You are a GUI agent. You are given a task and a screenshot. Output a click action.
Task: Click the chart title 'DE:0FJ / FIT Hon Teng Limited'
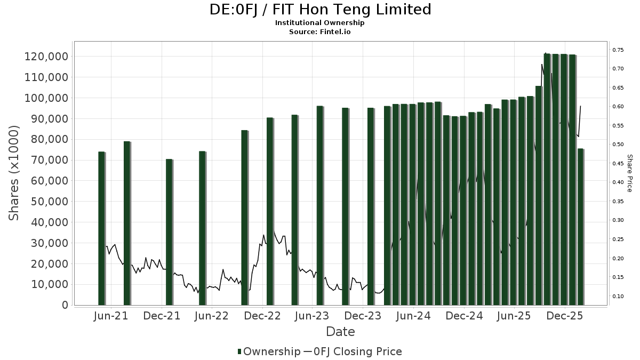coord(319,10)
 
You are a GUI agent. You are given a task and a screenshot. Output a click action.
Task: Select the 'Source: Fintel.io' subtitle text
coord(319,32)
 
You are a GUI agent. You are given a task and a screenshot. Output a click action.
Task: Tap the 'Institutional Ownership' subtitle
coord(319,23)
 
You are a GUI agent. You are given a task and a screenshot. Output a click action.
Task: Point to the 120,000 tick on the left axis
coord(46,57)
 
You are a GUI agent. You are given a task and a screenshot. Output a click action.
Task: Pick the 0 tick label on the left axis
coord(65,305)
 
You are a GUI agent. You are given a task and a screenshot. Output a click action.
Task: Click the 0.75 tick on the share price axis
coord(618,50)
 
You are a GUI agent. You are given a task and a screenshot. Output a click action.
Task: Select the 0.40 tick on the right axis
coord(618,182)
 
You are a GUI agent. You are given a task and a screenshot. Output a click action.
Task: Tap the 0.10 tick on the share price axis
coord(618,296)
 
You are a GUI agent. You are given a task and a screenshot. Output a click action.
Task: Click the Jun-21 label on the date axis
coord(111,316)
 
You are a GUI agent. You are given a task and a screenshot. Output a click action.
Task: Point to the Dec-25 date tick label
coord(564,316)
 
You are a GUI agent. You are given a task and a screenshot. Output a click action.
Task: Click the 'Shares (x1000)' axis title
coord(14,173)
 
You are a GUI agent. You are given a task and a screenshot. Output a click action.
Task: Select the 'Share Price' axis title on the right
coord(629,173)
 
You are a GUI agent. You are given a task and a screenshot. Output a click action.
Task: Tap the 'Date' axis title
coord(340,332)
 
